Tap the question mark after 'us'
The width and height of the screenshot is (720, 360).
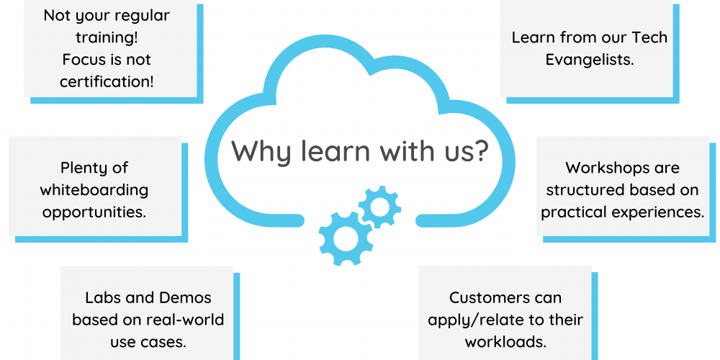pos(480,151)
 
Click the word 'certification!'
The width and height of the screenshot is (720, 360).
pos(107,81)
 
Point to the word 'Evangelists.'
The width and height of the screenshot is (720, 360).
pos(590,59)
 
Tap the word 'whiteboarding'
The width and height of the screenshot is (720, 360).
pos(94,190)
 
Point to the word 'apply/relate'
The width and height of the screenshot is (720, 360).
pos(469,320)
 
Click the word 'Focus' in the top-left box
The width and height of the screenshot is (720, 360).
pos(84,59)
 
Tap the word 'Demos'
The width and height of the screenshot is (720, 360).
pos(188,297)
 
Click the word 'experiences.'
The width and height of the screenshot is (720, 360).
pos(662,212)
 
